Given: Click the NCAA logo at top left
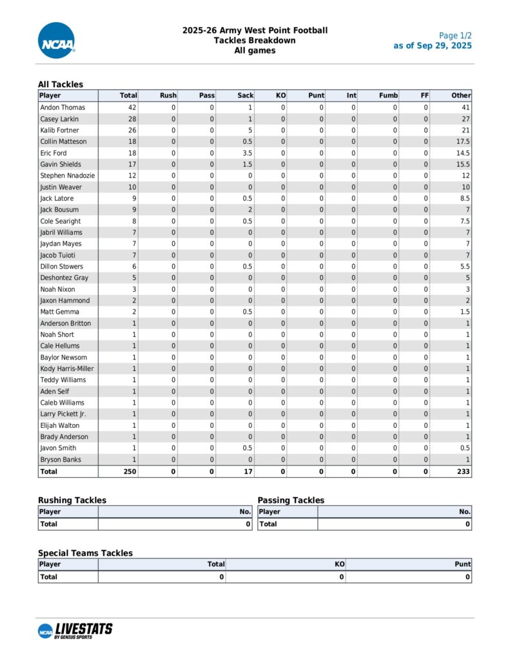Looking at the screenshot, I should point(57,40).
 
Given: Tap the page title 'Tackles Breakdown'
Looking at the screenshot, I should point(255,41).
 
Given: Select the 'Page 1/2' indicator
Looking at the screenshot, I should point(455,36).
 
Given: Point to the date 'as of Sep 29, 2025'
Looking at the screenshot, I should point(433,46).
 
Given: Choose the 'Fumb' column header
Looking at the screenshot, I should point(388,96).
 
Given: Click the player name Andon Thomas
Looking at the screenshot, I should point(63,108).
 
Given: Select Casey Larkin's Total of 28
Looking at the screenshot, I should point(132,119).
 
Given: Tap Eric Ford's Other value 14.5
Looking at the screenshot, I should point(463,153).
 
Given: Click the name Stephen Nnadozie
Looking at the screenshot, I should point(68,176).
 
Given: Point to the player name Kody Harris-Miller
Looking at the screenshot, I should point(67,369).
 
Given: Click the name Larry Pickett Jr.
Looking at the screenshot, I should point(63,414).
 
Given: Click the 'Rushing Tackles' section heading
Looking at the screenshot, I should point(72,500).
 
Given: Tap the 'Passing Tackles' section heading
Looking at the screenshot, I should point(291,500).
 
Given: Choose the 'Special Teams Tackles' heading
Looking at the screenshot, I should point(85,553).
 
